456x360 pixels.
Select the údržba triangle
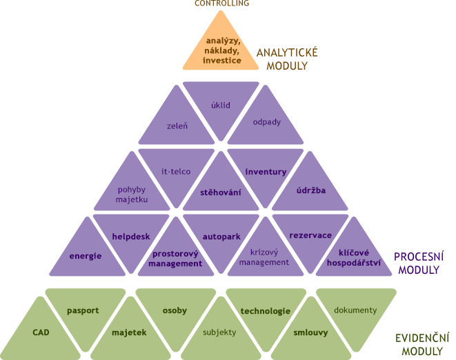(x=310, y=189)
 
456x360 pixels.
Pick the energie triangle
(x=86, y=255)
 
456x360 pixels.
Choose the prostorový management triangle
(x=175, y=257)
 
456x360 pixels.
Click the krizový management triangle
(x=266, y=257)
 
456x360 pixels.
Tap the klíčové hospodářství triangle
(x=355, y=257)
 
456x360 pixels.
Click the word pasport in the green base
(x=83, y=310)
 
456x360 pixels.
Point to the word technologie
(x=266, y=311)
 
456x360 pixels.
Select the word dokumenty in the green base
(x=355, y=310)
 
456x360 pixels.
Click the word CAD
(x=41, y=332)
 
